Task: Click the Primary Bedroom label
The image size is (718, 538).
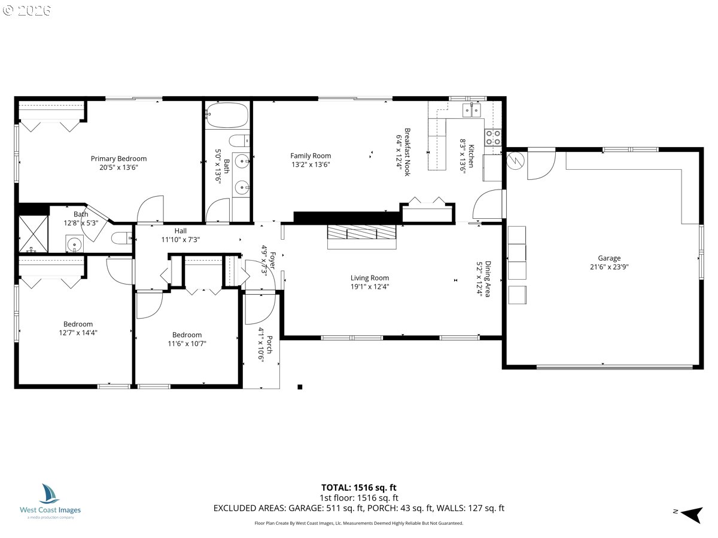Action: click(x=118, y=159)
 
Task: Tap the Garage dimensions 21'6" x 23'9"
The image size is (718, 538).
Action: click(x=609, y=267)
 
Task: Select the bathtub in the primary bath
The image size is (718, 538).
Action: click(x=227, y=115)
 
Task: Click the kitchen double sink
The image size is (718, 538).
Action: click(x=471, y=110)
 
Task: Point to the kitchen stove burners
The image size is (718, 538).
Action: click(x=493, y=137)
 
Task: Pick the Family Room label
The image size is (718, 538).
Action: click(x=311, y=156)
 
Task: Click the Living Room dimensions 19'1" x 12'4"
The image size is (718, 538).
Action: click(x=370, y=287)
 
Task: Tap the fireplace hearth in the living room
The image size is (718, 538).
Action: click(x=362, y=237)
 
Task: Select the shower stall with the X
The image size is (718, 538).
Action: click(x=34, y=234)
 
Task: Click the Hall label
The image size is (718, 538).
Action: click(x=180, y=231)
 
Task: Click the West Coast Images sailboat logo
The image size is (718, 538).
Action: click(x=49, y=494)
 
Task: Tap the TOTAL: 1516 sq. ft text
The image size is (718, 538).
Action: click(x=358, y=488)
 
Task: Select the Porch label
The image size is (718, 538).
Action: click(x=269, y=345)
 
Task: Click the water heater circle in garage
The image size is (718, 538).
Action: click(x=516, y=161)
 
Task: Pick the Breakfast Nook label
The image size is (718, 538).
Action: click(x=407, y=152)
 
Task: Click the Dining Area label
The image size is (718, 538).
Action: click(x=488, y=279)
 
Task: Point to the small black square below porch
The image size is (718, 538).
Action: click(x=300, y=387)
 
